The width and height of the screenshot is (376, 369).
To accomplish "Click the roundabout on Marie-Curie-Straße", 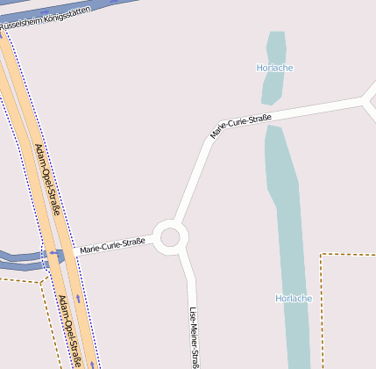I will [170, 235].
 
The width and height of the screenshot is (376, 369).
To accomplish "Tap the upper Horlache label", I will [274, 68].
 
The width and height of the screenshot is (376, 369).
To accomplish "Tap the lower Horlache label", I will [294, 298].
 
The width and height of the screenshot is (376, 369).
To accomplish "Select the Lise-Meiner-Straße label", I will [195, 337].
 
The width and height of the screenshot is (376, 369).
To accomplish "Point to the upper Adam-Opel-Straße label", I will [47, 179].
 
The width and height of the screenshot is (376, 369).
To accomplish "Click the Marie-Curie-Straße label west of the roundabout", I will [112, 246].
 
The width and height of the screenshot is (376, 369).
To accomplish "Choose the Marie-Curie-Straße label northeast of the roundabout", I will [240, 126].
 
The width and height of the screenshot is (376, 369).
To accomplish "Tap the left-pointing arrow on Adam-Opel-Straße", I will [58, 254].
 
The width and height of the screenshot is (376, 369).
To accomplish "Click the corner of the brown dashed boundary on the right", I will [322, 255].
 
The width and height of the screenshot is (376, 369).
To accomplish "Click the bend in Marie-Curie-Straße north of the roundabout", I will [210, 141].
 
